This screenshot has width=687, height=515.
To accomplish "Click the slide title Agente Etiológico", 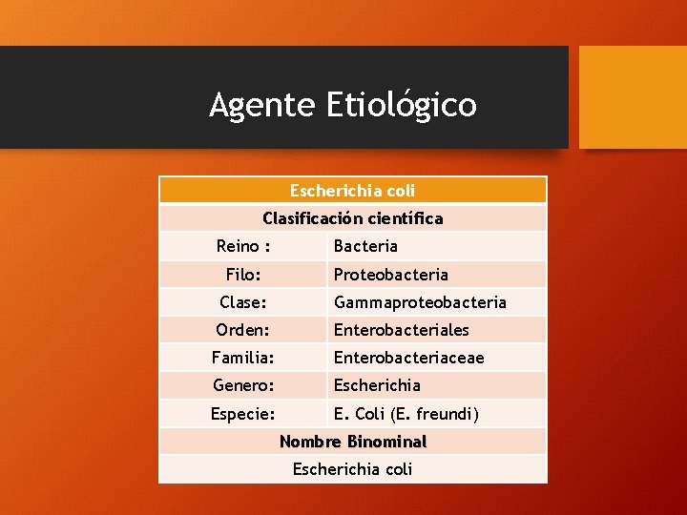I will coord(343,105).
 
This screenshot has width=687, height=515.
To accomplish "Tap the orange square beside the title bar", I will coord(633,96).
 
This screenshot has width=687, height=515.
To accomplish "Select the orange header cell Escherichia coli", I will coord(352,191).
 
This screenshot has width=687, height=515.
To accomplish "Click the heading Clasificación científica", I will coord(352,218).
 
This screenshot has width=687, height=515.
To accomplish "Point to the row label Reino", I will coord(243,246).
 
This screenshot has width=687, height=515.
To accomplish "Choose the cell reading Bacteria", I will coord(365,246).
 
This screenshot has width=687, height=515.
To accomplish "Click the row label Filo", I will coord(243,275).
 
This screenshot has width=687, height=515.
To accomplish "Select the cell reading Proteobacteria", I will coord(390,275).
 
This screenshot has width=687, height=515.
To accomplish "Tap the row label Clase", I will coord(243,302).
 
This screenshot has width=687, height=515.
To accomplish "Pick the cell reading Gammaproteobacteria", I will coord(420,302).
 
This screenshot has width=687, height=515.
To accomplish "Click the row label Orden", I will coord(243,330).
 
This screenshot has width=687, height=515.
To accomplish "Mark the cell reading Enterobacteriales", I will coord(401,330).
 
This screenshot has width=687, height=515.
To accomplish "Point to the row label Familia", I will coord(243,358).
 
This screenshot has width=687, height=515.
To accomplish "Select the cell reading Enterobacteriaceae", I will coord(408,358).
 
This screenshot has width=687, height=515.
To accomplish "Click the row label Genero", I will coord(243,385).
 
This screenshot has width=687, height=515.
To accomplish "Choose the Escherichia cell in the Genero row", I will coord(377,385).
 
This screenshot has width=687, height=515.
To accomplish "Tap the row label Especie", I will coord(243,414).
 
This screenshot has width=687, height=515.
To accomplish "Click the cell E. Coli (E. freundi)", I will coord(406,414).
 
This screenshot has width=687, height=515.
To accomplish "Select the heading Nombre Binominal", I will coord(352,442).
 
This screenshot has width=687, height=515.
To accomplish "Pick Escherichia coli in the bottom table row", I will coord(352,469).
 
